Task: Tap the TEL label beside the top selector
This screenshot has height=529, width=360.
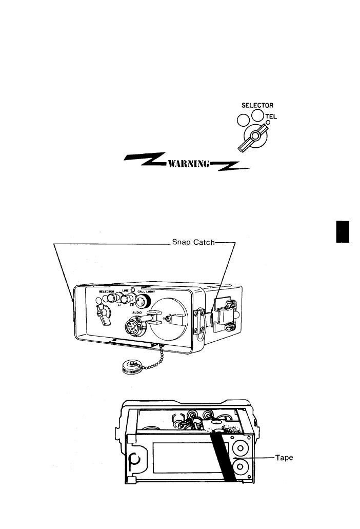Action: coord(271,116)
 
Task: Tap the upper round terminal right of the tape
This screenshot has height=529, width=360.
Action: coord(239,444)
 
